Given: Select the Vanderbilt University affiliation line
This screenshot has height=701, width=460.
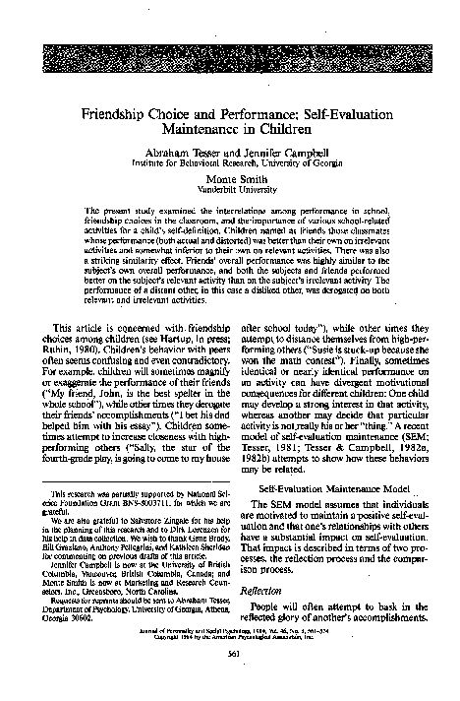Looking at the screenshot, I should (230, 192).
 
